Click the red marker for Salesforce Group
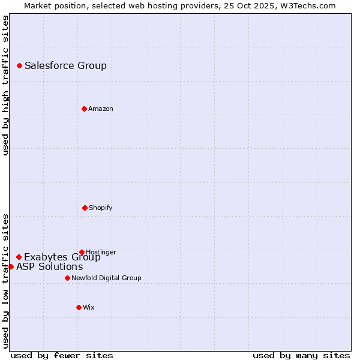tap(19, 65)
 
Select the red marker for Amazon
tap(84, 109)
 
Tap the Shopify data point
tap(85, 208)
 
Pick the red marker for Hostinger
tap(82, 252)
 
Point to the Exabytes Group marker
tap(19, 257)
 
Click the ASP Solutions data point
tap(11, 266)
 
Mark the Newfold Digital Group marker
tap(67, 278)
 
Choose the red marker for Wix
tap(79, 307)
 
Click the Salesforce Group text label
tap(65, 66)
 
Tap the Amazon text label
tap(100, 109)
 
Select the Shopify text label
tap(100, 208)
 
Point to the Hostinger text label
tap(101, 252)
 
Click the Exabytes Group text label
tap(62, 257)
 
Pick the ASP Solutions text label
tap(49, 267)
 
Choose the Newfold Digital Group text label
tap(106, 278)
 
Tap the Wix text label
tap(88, 307)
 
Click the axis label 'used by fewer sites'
tap(62, 355)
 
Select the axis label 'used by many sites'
tap(301, 355)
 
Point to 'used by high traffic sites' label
tap(5, 85)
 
